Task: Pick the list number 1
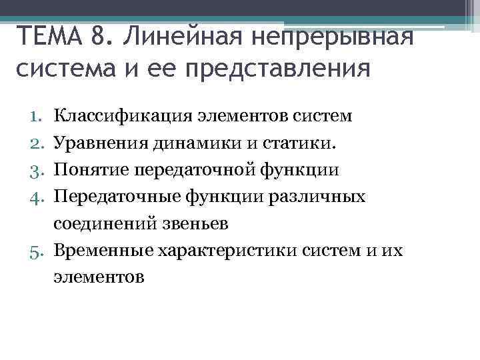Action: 36,117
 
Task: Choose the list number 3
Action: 36,170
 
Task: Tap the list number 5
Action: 36,251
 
